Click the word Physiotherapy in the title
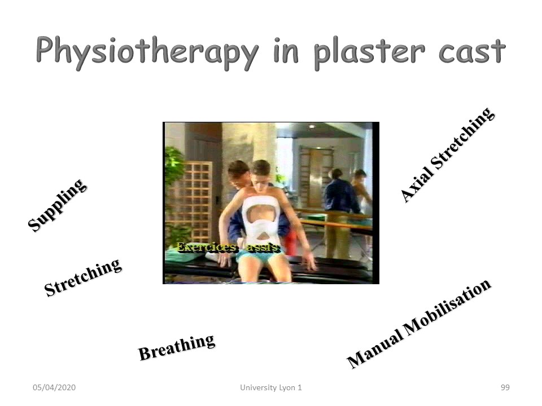pos(147,52)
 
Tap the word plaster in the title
pos(369,52)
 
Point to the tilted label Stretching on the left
pos(83,277)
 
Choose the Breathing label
pos(176,347)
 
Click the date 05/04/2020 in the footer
pos(54,387)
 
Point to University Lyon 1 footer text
pos(271,387)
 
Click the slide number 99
pos(505,387)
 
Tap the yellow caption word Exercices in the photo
pos(207,248)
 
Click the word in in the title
pos(286,52)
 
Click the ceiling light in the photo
pos(312,127)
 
